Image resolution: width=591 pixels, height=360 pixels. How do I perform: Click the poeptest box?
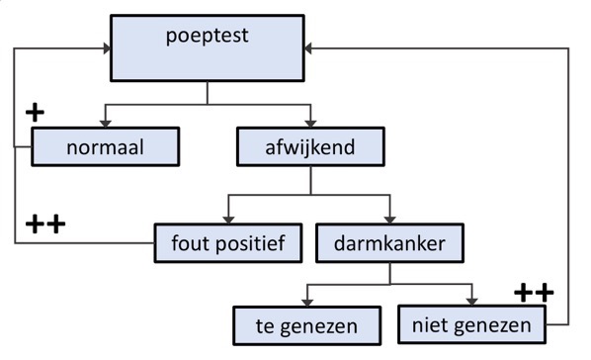(x=206, y=47)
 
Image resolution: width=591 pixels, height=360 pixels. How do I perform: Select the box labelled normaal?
(x=107, y=149)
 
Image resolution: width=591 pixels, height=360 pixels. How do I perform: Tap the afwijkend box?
(x=311, y=149)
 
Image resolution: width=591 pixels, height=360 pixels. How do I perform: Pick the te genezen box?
(x=307, y=323)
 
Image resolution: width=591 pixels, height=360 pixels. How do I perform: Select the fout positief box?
(x=228, y=242)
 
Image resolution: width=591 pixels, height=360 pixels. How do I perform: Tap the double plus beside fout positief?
(x=43, y=225)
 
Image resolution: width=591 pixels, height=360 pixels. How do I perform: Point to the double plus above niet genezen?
(x=534, y=292)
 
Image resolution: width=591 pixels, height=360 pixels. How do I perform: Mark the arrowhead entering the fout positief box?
(x=228, y=217)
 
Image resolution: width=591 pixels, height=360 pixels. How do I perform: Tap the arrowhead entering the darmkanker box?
(x=389, y=217)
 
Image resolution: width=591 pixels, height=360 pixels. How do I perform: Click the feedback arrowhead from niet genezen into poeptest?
(x=309, y=47)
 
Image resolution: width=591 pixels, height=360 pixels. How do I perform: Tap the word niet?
(x=431, y=323)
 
